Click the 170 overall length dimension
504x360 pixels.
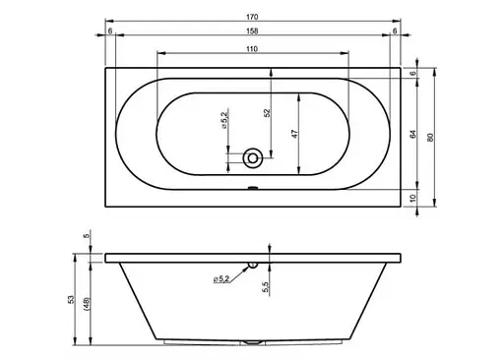tap(252, 17)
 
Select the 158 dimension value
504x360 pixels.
tap(252, 30)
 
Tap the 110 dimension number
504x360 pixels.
tap(252, 49)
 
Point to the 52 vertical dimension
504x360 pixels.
tap(267, 113)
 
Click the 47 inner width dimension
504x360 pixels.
tap(294, 134)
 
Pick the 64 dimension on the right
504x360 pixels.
tap(412, 134)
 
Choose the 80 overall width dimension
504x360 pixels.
tap(431, 137)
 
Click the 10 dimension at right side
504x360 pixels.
tap(412, 198)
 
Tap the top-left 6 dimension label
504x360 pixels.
tap(110, 30)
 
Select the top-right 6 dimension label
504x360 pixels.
tap(395, 30)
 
